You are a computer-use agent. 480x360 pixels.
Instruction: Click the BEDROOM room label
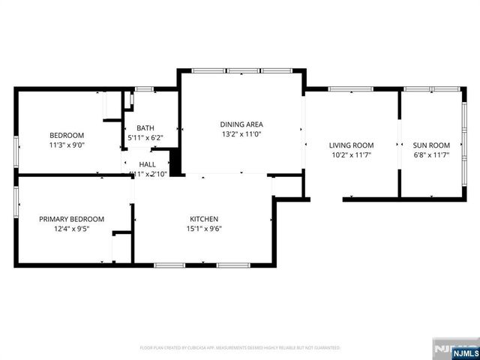pos(67,136)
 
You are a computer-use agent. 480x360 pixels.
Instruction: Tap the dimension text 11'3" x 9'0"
pos(67,145)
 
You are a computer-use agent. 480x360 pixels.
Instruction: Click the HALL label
pos(147,164)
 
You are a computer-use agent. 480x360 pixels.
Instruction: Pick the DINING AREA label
pos(241,124)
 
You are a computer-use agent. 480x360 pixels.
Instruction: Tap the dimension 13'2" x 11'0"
pos(241,134)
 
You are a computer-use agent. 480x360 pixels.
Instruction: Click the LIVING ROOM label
pos(351,145)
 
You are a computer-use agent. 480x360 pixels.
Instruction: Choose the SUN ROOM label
pos(432,145)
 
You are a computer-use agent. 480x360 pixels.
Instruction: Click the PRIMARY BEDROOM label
pos(71,219)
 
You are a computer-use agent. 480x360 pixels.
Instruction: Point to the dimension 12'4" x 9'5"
pos(71,229)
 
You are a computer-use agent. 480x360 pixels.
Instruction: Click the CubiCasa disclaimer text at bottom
pos(240,348)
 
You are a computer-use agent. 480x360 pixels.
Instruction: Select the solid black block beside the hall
pos(176,161)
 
